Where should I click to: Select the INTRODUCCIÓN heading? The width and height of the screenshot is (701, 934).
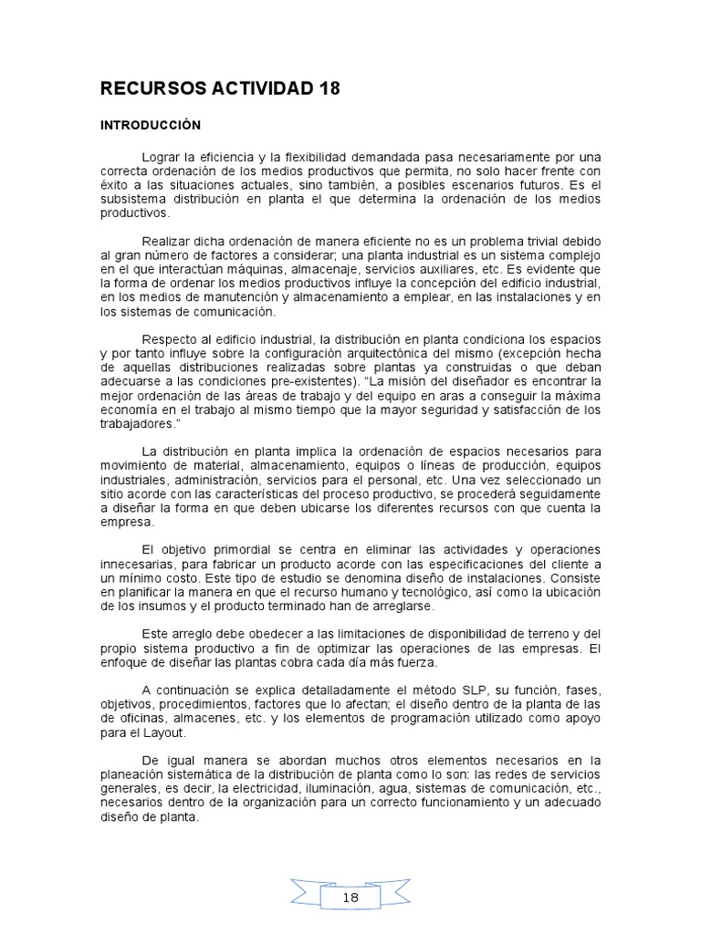click(x=150, y=124)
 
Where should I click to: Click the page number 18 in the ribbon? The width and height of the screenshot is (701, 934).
click(x=350, y=898)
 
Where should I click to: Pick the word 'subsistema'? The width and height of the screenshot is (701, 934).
click(x=130, y=199)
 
